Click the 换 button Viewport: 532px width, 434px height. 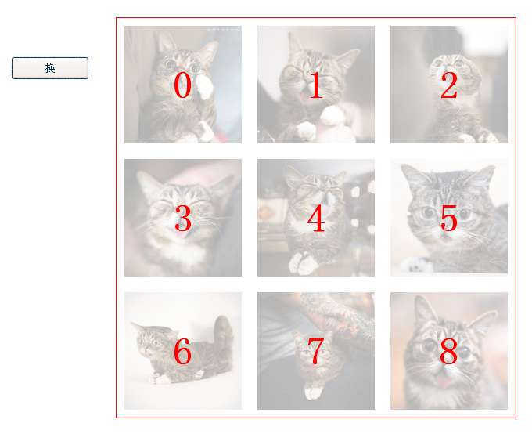point(50,68)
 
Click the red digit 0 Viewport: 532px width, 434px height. point(183,85)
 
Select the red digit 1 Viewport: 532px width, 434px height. point(316,85)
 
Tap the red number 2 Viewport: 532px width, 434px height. point(449,85)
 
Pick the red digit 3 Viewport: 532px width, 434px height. point(183,219)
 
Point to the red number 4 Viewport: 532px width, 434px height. point(316,219)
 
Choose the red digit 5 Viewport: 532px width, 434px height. point(449,219)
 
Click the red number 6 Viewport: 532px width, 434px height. point(183,352)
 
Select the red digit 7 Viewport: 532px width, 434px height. point(316,352)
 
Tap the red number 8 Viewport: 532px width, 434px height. point(449,352)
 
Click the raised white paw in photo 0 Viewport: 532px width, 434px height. point(205,87)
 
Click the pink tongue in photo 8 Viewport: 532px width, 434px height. point(444,382)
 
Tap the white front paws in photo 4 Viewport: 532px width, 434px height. point(304,263)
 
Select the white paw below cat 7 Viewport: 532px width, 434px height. point(312,392)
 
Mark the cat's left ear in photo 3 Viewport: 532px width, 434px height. point(149,185)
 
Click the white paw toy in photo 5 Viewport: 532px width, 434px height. point(416,265)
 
